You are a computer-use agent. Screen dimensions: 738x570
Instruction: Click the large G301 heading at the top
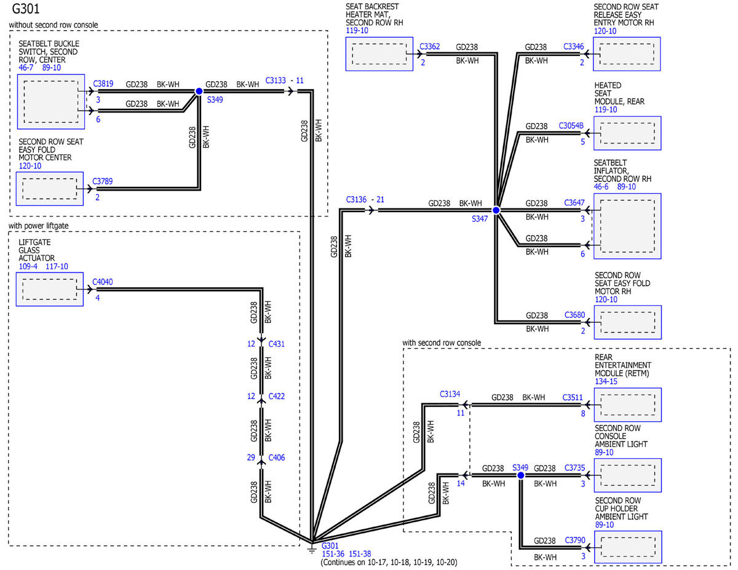pos(26,9)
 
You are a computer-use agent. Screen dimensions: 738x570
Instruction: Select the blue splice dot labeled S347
pos(496,210)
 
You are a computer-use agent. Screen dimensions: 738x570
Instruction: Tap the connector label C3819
pos(103,84)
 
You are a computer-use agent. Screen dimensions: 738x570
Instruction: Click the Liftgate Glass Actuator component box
pos(50,289)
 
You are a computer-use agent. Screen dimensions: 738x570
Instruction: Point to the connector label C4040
pos(103,282)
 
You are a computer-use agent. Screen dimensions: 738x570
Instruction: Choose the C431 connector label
pos(277,344)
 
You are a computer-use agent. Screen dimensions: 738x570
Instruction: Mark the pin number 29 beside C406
pos(251,457)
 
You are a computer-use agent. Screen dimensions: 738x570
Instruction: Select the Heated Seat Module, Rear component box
pos(627,133)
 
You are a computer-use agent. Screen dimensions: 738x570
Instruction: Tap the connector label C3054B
pos(571,125)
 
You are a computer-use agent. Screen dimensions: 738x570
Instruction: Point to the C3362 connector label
pos(430,47)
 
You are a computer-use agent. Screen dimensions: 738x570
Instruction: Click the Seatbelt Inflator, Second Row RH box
pos(627,226)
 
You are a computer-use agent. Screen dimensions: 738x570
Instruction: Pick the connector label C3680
pos(574,315)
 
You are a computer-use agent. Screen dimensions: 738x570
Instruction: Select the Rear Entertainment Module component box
pos(628,405)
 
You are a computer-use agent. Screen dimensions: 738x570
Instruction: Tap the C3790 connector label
pos(575,540)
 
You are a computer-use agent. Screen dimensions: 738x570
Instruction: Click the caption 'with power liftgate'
pos(38,226)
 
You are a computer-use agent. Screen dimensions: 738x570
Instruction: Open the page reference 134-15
pos(606,381)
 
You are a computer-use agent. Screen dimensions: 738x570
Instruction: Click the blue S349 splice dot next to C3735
pos(521,475)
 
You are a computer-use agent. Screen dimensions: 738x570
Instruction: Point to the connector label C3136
pos(356,200)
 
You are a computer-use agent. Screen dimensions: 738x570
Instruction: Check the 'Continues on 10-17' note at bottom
pos(389,562)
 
